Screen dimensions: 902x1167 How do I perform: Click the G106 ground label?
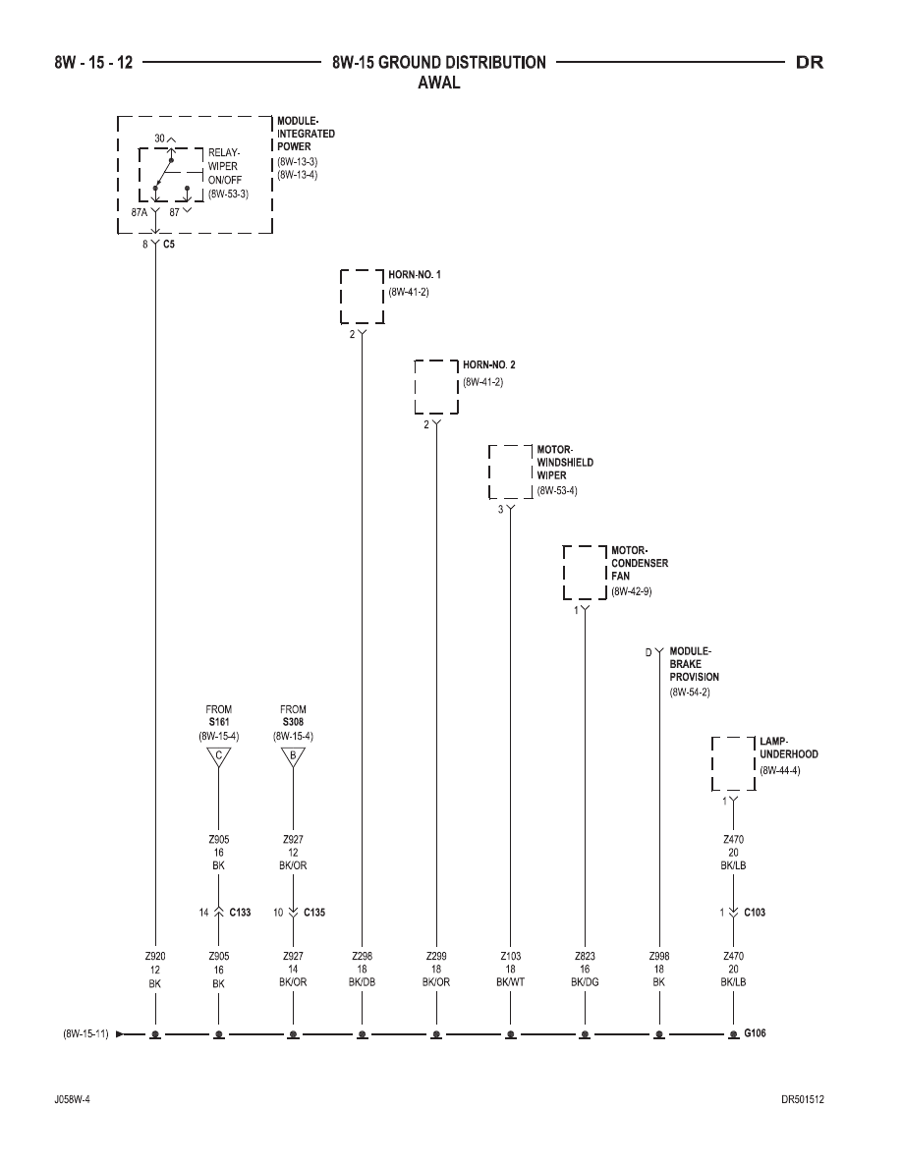pyautogui.click(x=755, y=1033)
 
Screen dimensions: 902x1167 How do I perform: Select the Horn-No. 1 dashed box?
pyautogui.click(x=341, y=297)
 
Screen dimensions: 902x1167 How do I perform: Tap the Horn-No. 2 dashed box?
pyautogui.click(x=416, y=386)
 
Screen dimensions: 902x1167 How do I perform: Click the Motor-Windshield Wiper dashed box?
pyautogui.click(x=489, y=472)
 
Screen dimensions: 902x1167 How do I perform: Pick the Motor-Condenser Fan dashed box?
pyautogui.click(x=564, y=573)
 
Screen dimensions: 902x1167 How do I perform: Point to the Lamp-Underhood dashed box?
pyautogui.click(x=713, y=763)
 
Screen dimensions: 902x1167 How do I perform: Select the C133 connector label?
pyautogui.click(x=240, y=913)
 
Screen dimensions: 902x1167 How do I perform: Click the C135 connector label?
pyautogui.click(x=314, y=913)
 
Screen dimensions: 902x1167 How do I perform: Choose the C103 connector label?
pyautogui.click(x=755, y=913)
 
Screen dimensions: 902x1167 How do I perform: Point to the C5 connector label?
pyautogui.click(x=169, y=245)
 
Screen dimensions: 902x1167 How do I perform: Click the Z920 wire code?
pyautogui.click(x=155, y=957)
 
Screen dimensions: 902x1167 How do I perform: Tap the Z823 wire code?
pyautogui.click(x=585, y=957)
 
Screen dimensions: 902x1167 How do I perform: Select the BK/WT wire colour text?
pyautogui.click(x=511, y=982)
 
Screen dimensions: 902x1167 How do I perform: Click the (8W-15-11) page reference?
pyautogui.click(x=86, y=1033)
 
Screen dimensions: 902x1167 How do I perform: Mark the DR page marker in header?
pyautogui.click(x=810, y=63)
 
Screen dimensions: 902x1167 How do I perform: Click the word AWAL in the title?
pyautogui.click(x=439, y=83)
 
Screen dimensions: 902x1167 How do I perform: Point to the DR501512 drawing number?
pyautogui.click(x=803, y=1100)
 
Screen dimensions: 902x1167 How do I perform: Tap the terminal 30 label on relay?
pyautogui.click(x=159, y=139)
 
